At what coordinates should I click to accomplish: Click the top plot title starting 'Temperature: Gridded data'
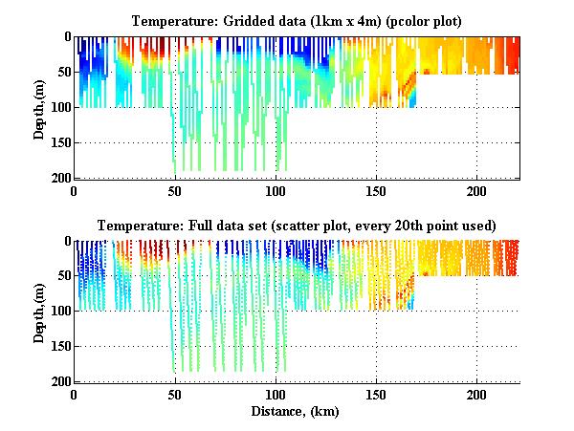[x=297, y=21]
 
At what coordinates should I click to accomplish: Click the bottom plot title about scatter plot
[x=297, y=226]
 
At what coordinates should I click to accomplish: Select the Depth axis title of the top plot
[x=39, y=107]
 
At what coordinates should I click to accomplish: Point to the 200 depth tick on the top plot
[x=60, y=179]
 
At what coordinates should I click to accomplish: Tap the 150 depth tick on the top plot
[x=60, y=143]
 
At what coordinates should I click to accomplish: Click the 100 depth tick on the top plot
[x=60, y=108]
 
